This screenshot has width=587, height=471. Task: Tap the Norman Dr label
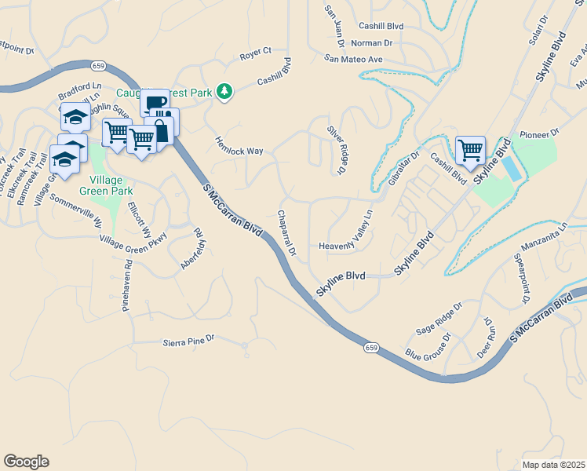click(x=372, y=43)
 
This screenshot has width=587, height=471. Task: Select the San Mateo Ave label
click(x=354, y=59)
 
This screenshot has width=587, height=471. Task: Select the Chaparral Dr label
click(x=286, y=233)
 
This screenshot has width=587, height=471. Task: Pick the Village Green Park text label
click(x=105, y=184)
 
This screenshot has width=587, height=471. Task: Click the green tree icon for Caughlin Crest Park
click(x=225, y=92)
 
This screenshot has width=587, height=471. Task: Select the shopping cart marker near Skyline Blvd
click(x=470, y=148)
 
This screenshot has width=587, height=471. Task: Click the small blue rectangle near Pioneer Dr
click(x=510, y=167)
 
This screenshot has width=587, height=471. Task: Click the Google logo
click(x=26, y=462)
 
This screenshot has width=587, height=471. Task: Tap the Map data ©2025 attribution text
click(x=552, y=465)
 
